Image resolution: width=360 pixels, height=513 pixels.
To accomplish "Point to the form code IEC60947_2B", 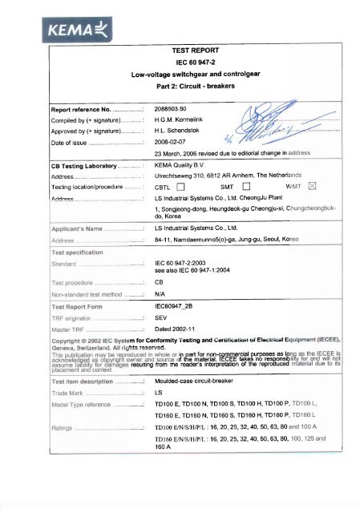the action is pyautogui.click(x=180, y=307).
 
